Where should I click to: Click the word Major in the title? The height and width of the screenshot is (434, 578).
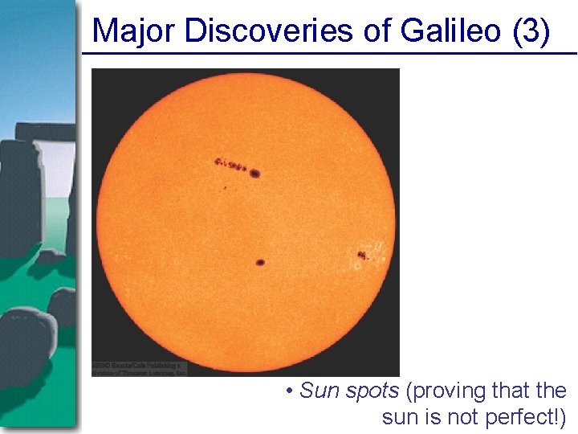click(x=135, y=31)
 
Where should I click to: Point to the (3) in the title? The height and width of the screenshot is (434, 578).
click(x=531, y=31)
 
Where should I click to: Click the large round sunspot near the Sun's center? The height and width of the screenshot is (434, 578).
click(x=260, y=262)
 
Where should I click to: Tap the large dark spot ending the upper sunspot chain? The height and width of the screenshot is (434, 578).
click(x=255, y=173)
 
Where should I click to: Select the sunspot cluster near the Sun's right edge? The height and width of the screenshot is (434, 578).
click(x=362, y=256)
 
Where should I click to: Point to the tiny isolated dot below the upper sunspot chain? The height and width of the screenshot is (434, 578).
click(x=226, y=188)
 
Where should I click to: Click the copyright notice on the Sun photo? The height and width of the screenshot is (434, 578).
click(x=139, y=368)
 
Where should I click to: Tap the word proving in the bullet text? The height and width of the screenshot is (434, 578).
click(x=444, y=392)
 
